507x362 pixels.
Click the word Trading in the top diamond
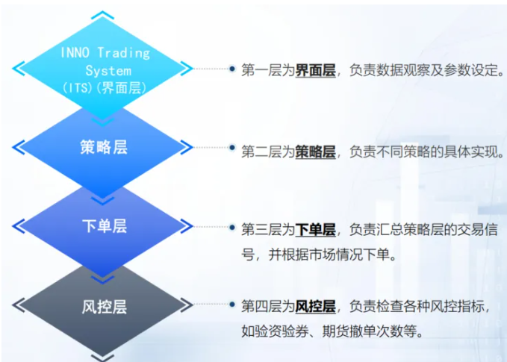(x=123, y=54)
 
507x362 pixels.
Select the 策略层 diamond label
(x=104, y=148)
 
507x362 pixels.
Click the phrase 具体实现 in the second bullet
(x=470, y=152)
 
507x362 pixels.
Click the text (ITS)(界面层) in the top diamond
(x=104, y=88)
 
